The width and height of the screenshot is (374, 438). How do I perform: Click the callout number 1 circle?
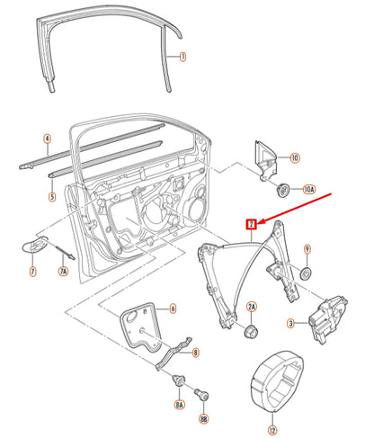(x=183, y=57)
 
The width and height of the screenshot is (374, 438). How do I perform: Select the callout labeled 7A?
(x=63, y=271)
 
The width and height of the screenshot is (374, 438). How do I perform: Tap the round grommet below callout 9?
(x=306, y=273)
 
